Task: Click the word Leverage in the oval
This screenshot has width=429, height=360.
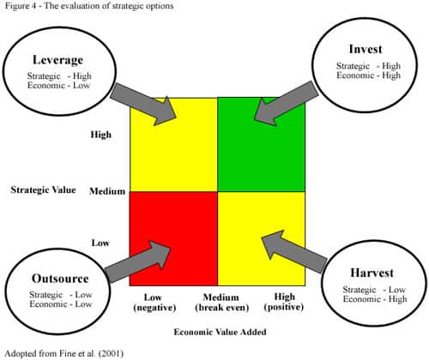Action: point(57,60)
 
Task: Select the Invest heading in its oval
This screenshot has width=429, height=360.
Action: point(366,49)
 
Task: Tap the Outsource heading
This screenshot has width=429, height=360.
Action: point(60,279)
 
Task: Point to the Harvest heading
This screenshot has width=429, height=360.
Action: point(372,273)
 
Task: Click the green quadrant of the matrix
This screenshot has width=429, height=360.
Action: point(262,145)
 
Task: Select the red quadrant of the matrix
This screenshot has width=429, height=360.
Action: point(173,238)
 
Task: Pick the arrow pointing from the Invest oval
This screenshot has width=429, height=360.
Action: point(286,104)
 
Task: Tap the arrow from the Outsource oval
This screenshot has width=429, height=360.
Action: point(137,261)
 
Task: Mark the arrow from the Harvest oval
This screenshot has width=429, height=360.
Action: point(294,251)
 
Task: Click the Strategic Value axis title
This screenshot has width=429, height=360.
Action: point(43,190)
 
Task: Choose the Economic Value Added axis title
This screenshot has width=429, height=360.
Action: point(220,332)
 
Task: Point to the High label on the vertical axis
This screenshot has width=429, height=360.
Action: point(100,135)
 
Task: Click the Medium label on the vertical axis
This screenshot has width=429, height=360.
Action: point(107,191)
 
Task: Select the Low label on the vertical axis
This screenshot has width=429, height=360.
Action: point(100,243)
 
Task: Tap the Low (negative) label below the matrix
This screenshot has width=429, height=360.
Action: point(154,303)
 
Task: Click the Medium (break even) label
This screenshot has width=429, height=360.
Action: point(221,303)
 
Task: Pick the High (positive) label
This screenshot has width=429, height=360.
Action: point(284,302)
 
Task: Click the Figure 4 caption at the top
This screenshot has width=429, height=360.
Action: point(89,6)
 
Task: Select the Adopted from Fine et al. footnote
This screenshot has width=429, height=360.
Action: point(64,354)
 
